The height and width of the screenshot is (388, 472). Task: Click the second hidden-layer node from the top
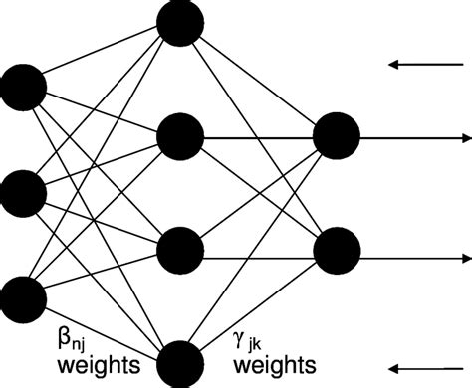(180, 134)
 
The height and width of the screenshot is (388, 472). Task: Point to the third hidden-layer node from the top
(180, 247)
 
